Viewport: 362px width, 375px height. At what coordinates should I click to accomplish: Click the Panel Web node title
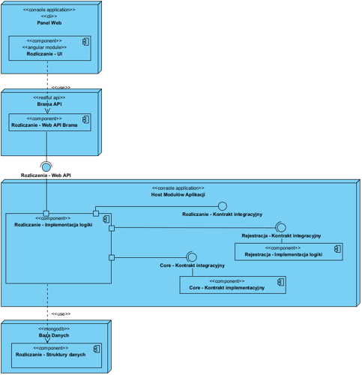(x=49, y=23)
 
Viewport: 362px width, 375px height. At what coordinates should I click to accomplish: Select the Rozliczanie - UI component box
(x=49, y=47)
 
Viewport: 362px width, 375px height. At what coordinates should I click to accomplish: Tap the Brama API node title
(x=49, y=104)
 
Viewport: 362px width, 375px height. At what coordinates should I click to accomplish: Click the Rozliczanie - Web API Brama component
(x=49, y=122)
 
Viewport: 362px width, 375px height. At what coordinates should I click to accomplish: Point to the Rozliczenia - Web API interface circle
(x=46, y=166)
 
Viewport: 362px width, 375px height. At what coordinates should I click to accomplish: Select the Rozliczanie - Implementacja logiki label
(x=53, y=224)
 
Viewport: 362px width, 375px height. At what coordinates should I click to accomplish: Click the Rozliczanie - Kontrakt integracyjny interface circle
(x=222, y=205)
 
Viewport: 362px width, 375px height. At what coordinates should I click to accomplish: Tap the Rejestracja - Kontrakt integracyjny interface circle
(x=281, y=226)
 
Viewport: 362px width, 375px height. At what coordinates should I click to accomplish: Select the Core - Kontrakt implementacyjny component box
(x=233, y=284)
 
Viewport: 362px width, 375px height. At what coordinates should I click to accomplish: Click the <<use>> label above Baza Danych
(x=60, y=313)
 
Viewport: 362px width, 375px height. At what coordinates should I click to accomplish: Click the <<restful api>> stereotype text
(x=49, y=97)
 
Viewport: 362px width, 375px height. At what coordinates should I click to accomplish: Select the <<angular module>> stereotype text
(x=49, y=47)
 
